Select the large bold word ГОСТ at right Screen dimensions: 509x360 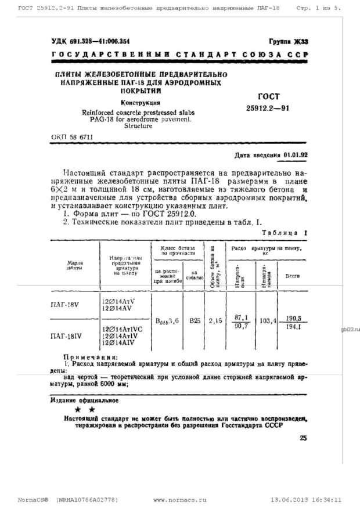pyautogui.click(x=268, y=96)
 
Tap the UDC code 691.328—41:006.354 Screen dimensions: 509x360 pyautogui.click(x=91, y=41)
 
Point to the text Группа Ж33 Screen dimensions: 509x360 pyautogui.click(x=288, y=41)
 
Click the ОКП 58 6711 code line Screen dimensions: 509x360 pyautogui.click(x=72, y=138)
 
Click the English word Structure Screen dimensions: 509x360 pyautogui.click(x=138, y=125)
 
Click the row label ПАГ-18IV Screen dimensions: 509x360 pyautogui.click(x=67, y=335)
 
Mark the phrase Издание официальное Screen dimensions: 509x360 pyautogui.click(x=84, y=400)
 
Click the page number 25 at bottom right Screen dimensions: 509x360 pyautogui.click(x=303, y=438)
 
